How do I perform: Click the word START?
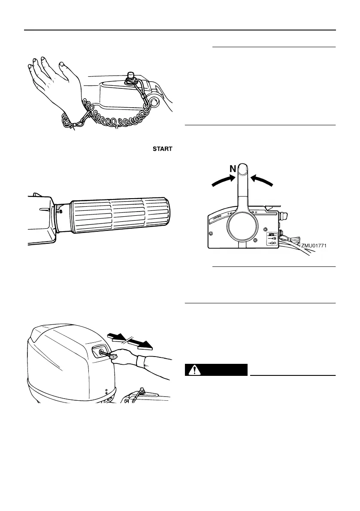161,149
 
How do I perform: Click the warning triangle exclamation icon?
195,370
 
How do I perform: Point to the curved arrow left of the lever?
223,179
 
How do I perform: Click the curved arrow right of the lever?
262,179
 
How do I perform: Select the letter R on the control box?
256,212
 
